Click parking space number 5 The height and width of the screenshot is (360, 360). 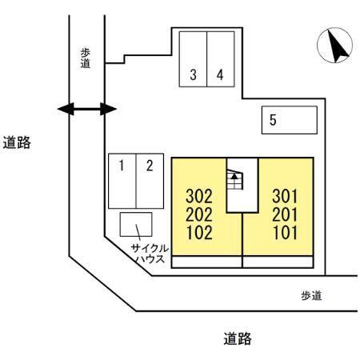[273, 121]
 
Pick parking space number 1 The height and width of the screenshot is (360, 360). [122, 166]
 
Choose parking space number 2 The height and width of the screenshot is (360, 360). [149, 166]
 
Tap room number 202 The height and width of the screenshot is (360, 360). [199, 216]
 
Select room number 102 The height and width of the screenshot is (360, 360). [199, 235]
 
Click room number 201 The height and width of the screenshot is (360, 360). [285, 216]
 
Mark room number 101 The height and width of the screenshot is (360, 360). [285, 235]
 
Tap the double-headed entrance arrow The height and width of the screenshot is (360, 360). [83, 108]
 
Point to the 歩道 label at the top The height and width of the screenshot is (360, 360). [86, 57]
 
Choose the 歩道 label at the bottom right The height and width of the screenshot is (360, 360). [312, 296]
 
